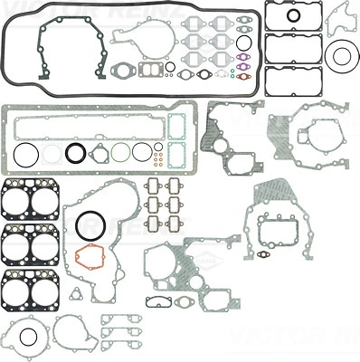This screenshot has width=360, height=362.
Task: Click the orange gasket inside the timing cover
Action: point(90,257)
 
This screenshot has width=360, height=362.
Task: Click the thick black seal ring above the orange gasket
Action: point(90,223)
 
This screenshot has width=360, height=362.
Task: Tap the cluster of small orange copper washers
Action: point(158,159)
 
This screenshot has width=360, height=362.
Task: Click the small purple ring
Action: point(242,63)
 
